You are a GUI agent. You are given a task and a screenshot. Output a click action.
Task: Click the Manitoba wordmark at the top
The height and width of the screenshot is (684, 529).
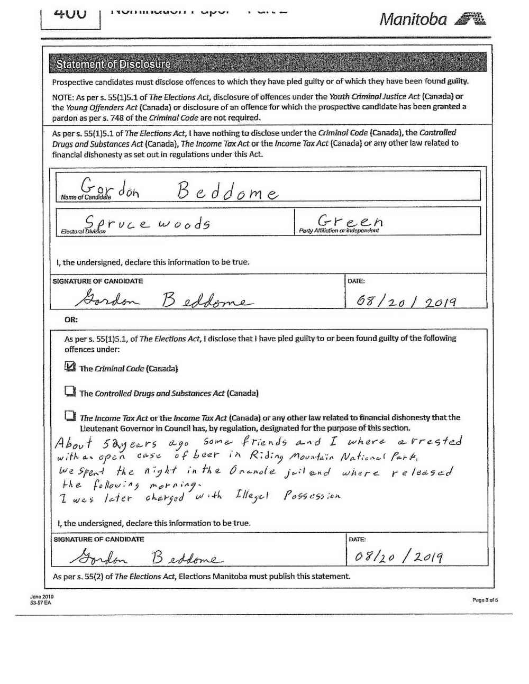(413, 20)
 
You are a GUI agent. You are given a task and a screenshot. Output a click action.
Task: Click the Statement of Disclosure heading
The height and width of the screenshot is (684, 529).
(113, 64)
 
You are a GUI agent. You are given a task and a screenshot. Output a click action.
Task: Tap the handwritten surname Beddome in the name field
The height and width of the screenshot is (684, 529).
(227, 189)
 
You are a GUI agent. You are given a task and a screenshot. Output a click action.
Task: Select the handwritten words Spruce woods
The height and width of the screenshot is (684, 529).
(148, 222)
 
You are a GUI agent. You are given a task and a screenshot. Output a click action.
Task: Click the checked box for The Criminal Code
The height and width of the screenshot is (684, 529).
(70, 366)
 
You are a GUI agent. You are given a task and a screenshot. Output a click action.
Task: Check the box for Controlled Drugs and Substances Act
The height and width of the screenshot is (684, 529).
(70, 391)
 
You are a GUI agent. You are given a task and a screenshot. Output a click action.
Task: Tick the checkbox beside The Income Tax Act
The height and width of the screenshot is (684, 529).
(70, 416)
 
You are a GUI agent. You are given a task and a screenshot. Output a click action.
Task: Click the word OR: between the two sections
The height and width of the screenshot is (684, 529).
(71, 320)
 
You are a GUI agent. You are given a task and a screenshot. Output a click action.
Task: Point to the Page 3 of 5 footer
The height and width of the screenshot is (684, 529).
(485, 600)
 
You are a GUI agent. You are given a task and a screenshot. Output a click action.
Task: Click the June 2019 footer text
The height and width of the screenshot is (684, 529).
(42, 596)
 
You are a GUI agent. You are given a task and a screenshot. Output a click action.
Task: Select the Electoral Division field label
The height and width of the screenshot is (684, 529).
(83, 231)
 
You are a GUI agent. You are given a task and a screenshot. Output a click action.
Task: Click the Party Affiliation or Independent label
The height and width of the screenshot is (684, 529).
(339, 231)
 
